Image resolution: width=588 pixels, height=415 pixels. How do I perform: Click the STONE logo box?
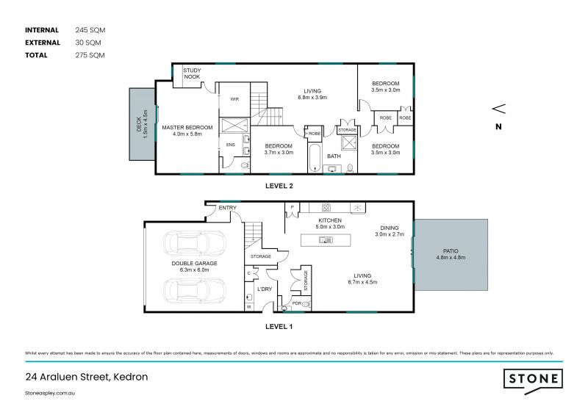[x=532, y=380]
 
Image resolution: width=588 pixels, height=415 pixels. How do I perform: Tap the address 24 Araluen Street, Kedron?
[x=87, y=377]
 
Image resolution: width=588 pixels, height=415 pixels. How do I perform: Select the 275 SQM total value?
[x=90, y=55]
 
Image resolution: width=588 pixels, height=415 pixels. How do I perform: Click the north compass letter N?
[x=498, y=127]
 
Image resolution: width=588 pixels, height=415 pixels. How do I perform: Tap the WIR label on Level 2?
[x=234, y=98]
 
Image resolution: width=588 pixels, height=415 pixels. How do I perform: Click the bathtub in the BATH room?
[x=315, y=156]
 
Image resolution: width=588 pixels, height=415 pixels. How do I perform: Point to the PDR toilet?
[x=306, y=303]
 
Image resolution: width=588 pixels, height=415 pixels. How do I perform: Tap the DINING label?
[x=390, y=228]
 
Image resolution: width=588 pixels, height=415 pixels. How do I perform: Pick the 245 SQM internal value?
[x=90, y=30]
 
